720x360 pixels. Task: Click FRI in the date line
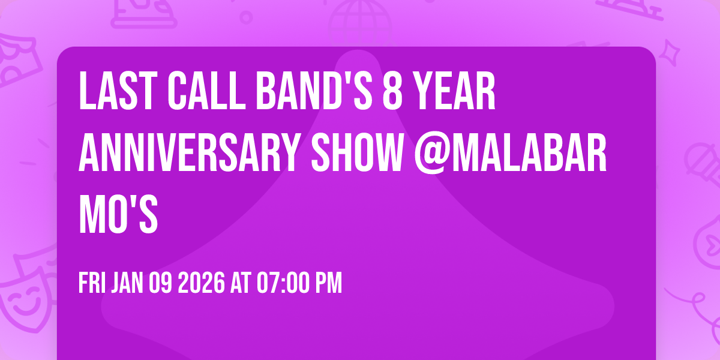tap(92, 283)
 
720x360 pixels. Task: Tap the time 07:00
tap(279, 283)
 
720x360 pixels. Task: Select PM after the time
tap(329, 283)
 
